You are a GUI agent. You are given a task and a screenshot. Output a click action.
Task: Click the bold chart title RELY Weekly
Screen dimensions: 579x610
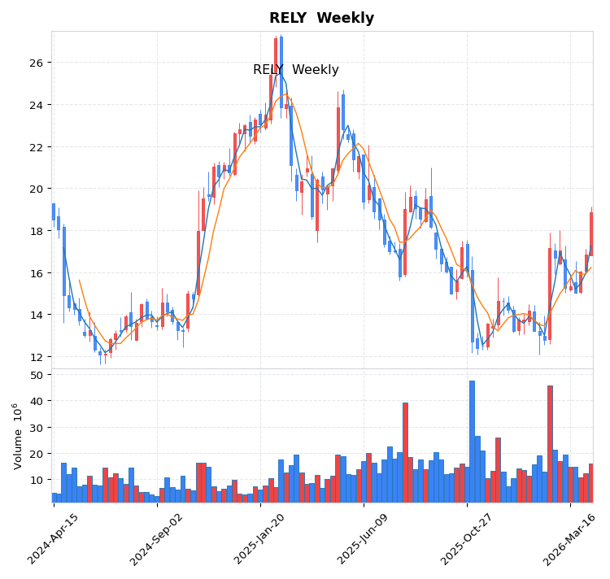coord(321,18)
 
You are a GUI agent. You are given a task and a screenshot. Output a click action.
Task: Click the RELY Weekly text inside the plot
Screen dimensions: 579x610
coord(295,70)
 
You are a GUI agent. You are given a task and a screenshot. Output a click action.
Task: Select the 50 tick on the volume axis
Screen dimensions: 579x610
coord(37,375)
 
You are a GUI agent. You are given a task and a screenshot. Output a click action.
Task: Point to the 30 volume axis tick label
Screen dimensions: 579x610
coord(37,428)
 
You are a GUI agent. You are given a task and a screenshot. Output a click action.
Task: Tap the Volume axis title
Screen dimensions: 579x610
coord(17,435)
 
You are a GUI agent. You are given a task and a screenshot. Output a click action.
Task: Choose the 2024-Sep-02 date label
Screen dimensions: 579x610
coord(157,538)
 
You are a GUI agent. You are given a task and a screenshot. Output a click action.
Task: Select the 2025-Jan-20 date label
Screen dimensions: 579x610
coord(260,538)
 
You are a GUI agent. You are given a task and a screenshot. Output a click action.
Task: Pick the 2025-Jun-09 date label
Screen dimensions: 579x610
coord(364,538)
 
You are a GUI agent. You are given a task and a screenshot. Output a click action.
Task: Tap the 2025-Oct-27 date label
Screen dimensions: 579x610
coord(467,538)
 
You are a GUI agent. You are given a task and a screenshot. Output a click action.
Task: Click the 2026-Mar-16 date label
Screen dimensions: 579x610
coord(570,538)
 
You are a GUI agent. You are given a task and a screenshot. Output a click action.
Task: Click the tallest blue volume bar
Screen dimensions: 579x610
coord(472,442)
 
